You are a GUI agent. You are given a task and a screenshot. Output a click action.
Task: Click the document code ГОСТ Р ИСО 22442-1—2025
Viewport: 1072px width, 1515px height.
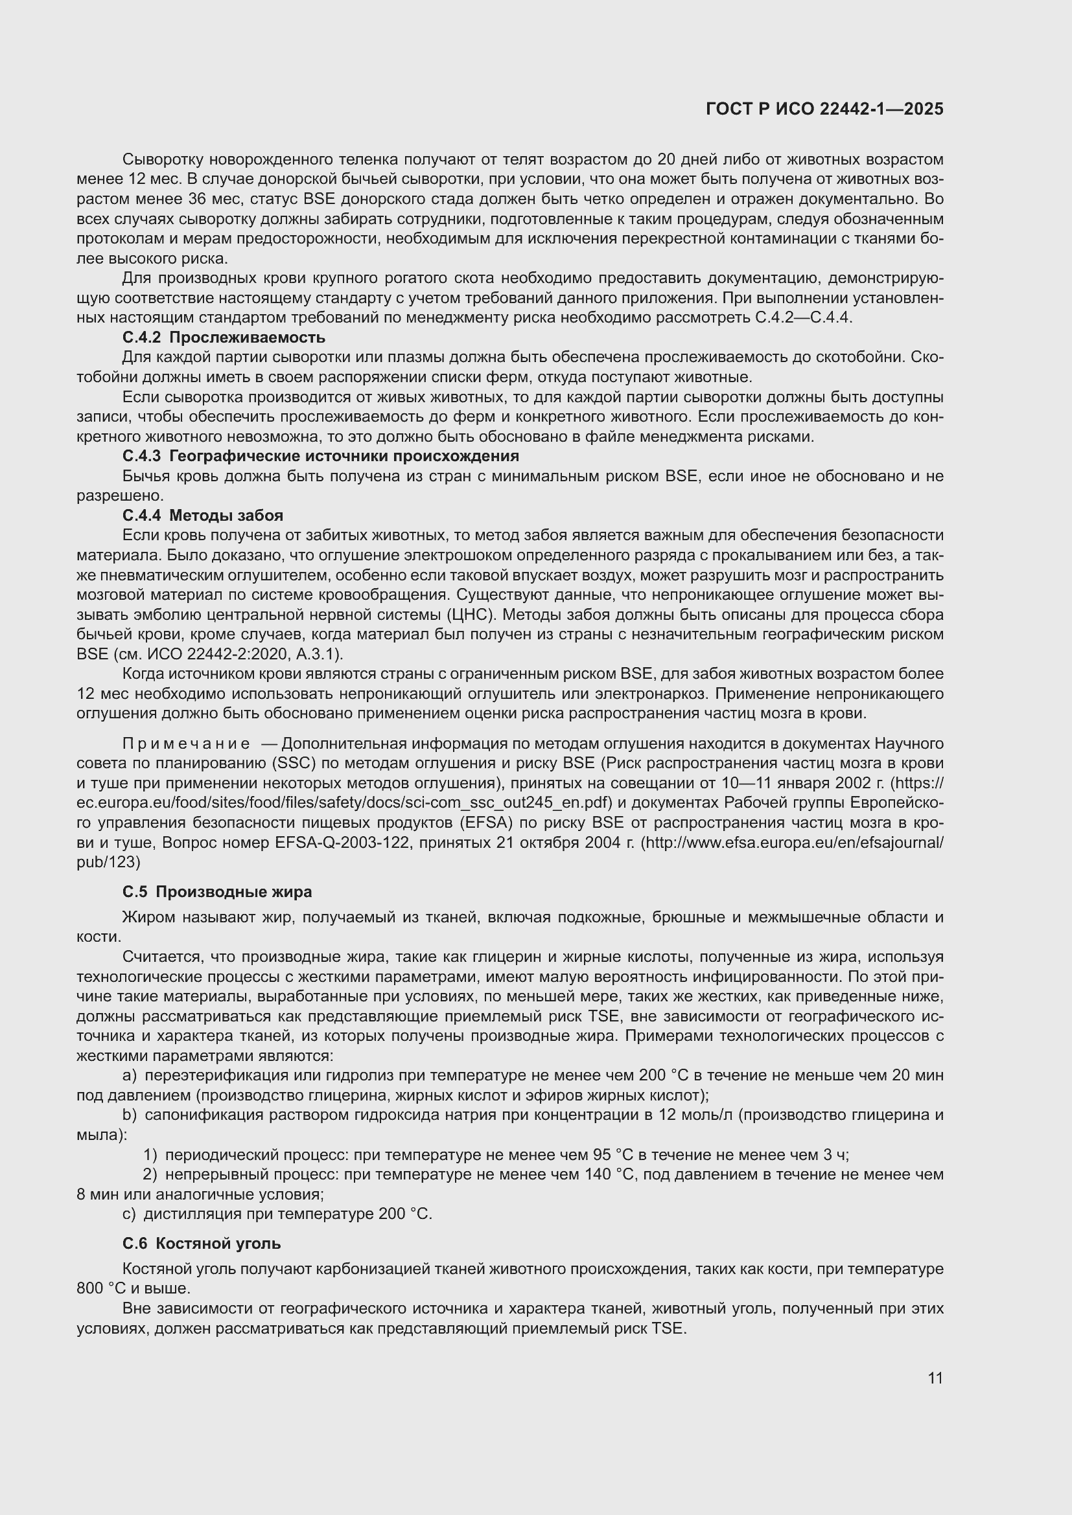coord(824,109)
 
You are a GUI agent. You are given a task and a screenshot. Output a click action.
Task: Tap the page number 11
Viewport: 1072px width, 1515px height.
coord(935,1378)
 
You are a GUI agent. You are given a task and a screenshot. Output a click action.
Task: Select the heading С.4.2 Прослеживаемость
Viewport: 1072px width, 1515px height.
coord(224,338)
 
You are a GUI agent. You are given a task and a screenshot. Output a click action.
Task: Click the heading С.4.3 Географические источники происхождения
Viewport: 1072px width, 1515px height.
coord(321,456)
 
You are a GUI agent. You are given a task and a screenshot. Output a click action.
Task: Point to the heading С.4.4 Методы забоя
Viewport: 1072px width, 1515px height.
coord(203,516)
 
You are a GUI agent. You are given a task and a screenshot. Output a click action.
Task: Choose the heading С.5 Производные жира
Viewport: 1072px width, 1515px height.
coord(217,892)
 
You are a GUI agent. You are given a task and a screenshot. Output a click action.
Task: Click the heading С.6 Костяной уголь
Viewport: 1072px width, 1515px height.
coord(202,1244)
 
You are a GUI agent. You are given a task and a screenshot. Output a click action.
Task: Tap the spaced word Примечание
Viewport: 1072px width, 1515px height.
coord(186,744)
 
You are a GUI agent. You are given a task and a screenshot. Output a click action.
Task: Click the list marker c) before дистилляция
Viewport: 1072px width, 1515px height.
coord(130,1214)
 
